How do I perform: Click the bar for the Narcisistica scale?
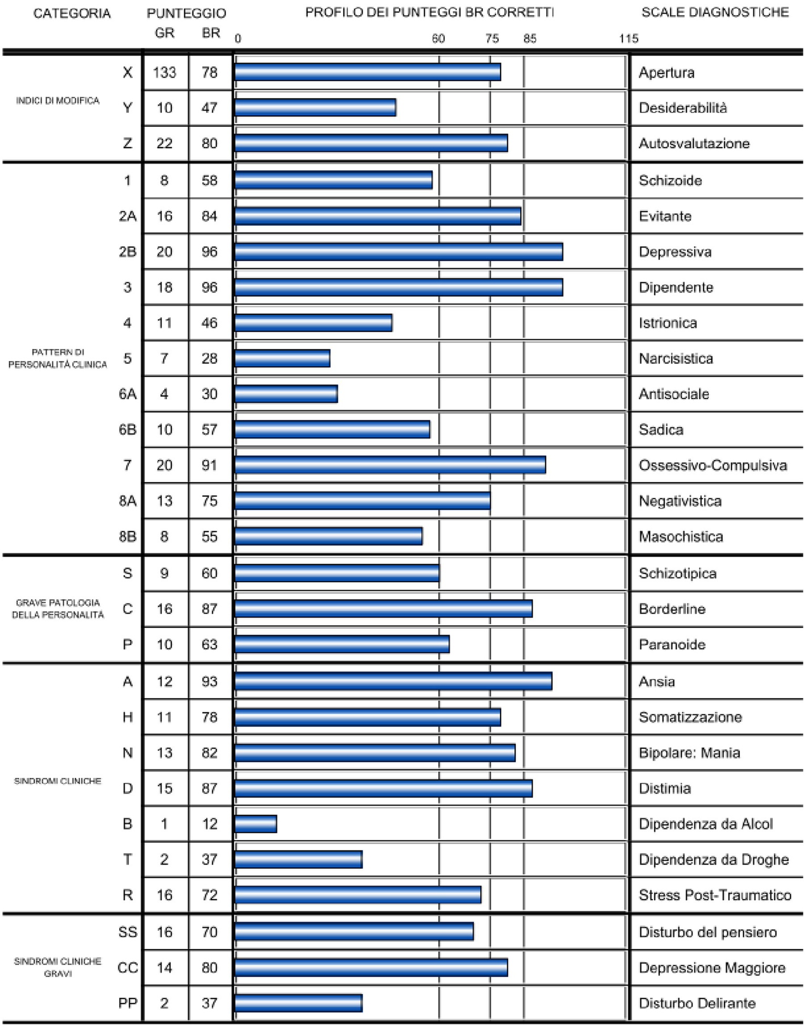coord(282,358)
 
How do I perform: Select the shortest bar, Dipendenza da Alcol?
coord(256,824)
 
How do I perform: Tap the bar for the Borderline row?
coord(383,608)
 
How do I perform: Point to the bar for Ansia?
coord(393,681)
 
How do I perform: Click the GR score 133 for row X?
coord(165,72)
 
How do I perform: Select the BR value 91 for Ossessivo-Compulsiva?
coord(209,465)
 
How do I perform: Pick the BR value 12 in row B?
coord(209,824)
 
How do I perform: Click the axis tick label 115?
coord(628,38)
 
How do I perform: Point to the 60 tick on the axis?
coord(438,38)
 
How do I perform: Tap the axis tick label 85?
coord(529,38)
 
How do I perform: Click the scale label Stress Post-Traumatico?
coord(715,895)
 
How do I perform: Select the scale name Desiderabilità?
coord(682,108)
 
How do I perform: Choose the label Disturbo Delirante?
coord(697,1003)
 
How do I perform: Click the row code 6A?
coord(127,394)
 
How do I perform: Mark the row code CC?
coord(127,967)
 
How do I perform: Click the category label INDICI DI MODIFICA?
coord(57,100)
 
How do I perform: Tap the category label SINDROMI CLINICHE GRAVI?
coord(57,967)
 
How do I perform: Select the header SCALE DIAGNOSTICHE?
coord(715,12)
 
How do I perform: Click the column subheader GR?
coord(165,33)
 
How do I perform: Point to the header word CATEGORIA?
coord(72,13)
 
